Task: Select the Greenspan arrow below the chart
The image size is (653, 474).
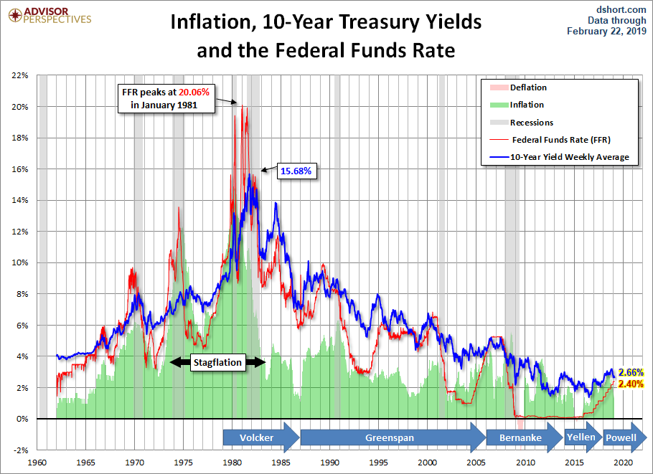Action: coord(391,437)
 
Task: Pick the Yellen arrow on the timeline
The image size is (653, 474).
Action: coord(581,437)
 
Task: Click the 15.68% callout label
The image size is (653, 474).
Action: coord(296,171)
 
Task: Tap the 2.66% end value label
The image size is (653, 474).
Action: coord(631,373)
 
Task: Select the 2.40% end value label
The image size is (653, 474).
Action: coord(631,384)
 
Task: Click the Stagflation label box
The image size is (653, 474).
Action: coord(218,363)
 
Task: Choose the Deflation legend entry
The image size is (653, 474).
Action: coord(527,87)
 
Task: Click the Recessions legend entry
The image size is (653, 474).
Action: coord(531,123)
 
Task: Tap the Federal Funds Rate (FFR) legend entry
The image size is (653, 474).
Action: coord(560,140)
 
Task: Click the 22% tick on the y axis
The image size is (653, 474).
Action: coord(20,75)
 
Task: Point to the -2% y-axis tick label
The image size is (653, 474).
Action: coord(20,450)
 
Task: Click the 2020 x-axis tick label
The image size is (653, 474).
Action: coord(621,462)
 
